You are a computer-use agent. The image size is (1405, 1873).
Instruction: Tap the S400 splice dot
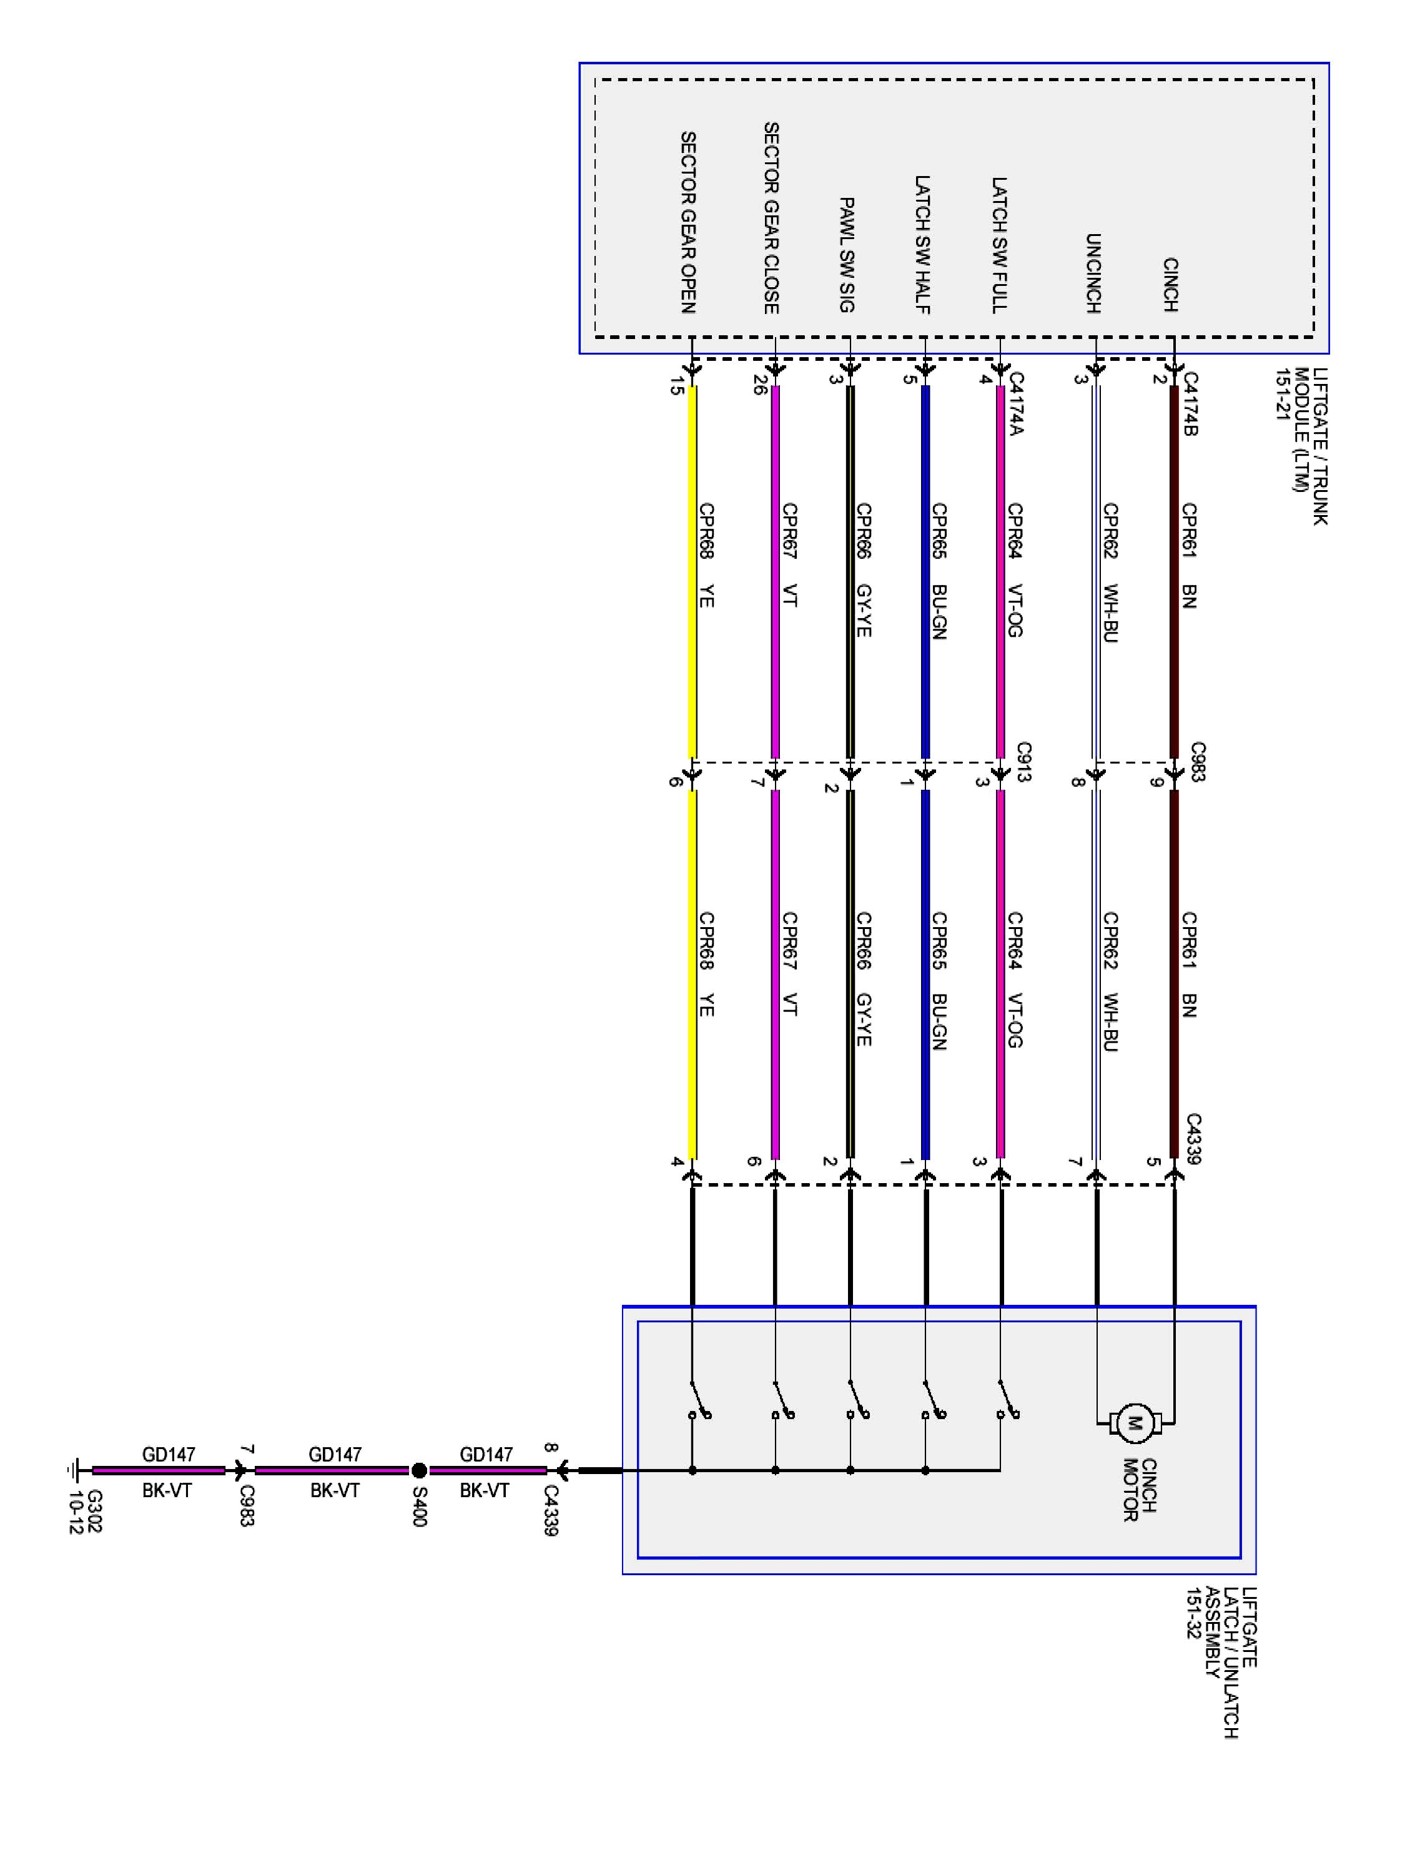[x=418, y=1471]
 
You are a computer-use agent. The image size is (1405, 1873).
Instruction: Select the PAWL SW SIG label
[x=846, y=254]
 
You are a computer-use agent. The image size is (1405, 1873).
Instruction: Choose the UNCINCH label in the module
[x=1093, y=273]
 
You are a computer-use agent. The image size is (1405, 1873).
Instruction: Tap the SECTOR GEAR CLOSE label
[x=770, y=218]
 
